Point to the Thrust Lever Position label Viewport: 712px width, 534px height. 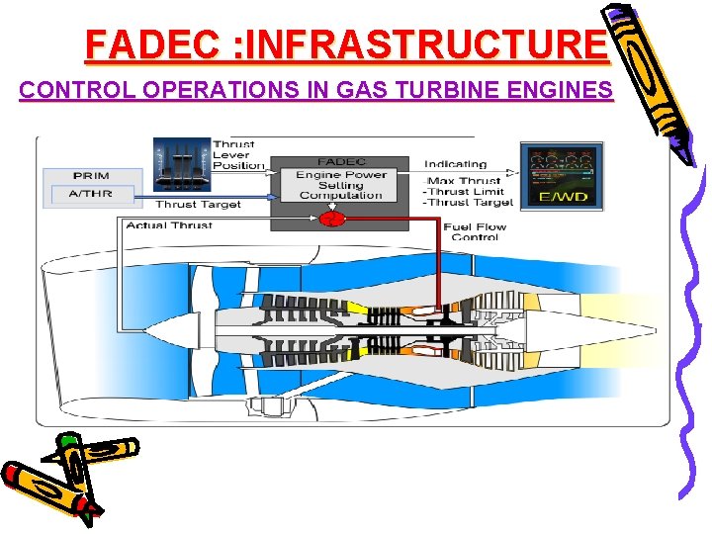[238, 154]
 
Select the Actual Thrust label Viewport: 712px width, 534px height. [169, 225]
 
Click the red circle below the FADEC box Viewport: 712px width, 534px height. [334, 218]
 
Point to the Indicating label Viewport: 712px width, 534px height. [455, 163]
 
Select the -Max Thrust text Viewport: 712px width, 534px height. [463, 180]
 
